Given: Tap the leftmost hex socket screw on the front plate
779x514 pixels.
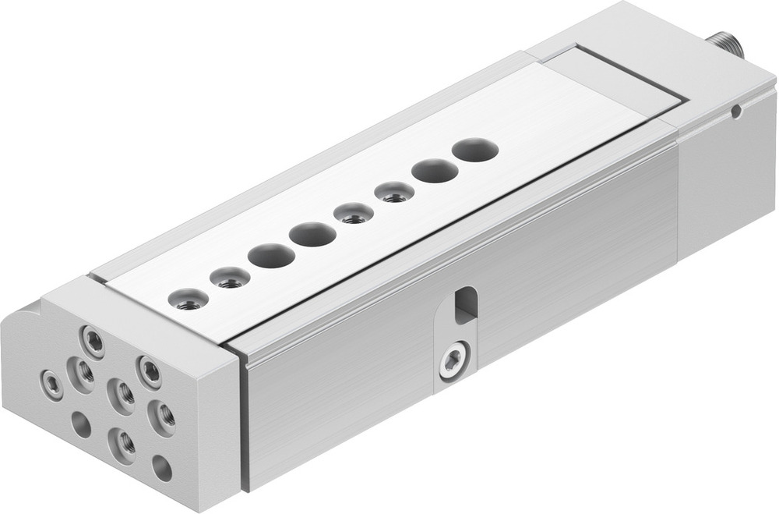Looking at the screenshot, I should point(53,385).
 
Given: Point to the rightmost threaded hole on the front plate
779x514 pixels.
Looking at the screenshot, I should point(162,417).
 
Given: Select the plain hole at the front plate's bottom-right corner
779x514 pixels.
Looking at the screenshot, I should point(162,468).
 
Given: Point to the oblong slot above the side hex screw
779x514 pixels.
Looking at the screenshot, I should point(464,303).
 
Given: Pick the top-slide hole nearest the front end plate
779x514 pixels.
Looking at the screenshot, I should point(189,299).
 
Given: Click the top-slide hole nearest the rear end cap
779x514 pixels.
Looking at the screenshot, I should point(475,149).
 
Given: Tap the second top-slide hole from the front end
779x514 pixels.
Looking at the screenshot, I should point(230,277).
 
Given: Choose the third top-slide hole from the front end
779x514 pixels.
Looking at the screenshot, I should point(271,255).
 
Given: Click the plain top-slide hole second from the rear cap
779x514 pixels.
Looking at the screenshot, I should point(435,170).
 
